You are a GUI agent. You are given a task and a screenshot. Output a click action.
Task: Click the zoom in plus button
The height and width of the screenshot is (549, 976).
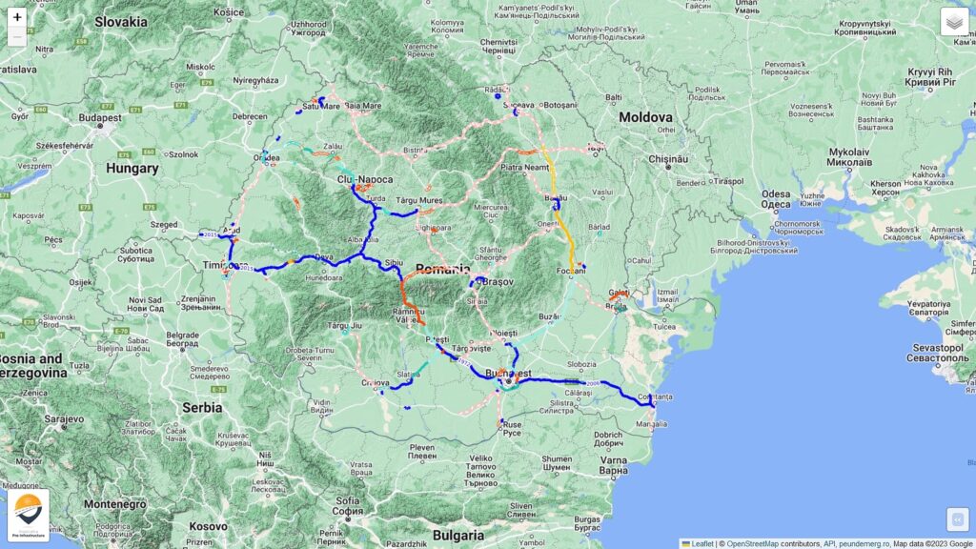(17, 17)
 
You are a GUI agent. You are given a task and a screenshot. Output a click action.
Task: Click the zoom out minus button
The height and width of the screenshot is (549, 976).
(17, 38)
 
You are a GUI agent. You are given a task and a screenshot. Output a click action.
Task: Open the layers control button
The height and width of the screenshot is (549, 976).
(954, 22)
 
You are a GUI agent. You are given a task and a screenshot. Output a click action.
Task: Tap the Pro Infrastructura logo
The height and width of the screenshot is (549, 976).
(28, 516)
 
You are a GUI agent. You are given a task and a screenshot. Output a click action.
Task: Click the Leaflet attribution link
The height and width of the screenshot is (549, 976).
(701, 543)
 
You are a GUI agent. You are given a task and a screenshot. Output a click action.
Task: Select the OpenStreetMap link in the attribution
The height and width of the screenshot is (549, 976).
(752, 543)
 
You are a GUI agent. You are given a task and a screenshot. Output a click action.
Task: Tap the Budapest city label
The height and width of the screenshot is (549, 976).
(100, 118)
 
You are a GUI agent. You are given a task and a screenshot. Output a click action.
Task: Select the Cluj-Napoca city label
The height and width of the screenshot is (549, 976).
(366, 179)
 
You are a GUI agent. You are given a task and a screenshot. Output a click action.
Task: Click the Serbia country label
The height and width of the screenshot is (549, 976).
(202, 407)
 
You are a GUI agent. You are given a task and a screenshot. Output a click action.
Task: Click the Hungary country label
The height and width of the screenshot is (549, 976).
(132, 169)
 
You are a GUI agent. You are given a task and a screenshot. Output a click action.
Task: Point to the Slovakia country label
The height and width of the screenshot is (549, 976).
(121, 22)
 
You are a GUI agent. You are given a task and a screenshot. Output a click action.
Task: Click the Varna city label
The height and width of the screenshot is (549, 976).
(615, 463)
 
